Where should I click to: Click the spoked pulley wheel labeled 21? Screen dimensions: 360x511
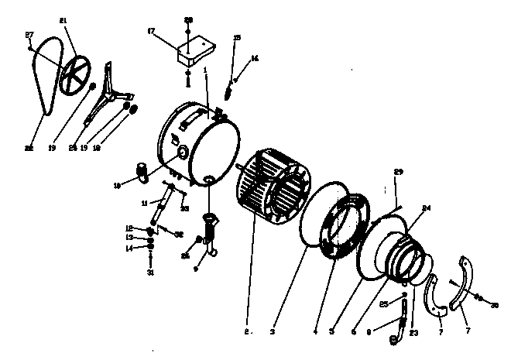click(75, 75)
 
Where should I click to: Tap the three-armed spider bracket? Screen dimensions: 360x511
click(109, 96)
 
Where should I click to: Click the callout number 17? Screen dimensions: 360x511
click(151, 32)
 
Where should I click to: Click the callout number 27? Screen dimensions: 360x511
click(29, 36)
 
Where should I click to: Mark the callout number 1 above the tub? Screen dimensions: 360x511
click(205, 70)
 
